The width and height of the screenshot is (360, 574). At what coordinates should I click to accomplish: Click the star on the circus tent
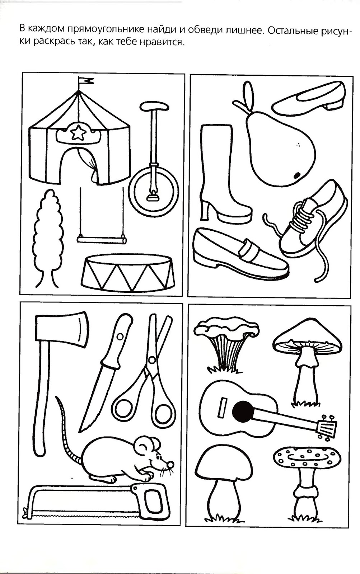pos(78,133)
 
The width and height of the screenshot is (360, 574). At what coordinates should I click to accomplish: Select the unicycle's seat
pos(154,106)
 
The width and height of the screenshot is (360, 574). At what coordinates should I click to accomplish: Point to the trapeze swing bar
pos(102,239)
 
